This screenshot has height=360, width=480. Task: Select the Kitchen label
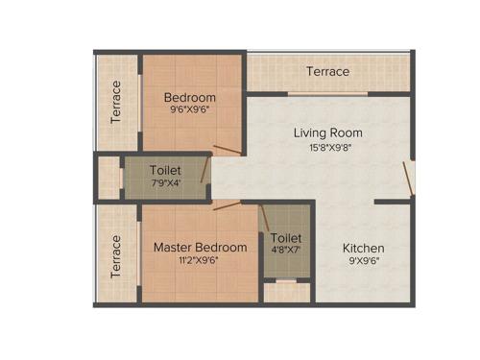click(364, 248)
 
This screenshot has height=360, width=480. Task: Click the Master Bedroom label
click(200, 247)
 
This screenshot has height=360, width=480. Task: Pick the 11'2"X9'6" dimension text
click(200, 262)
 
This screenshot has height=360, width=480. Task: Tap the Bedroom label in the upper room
click(189, 97)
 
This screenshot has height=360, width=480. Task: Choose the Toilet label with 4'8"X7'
click(286, 238)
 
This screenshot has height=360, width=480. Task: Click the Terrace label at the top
click(327, 72)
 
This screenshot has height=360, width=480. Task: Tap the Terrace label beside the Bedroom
click(116, 102)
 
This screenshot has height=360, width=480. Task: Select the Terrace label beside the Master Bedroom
click(116, 256)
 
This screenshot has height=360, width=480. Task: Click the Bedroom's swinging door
click(228, 150)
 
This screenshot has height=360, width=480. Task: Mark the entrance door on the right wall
click(410, 179)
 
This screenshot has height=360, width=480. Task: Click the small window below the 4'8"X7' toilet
click(286, 282)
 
